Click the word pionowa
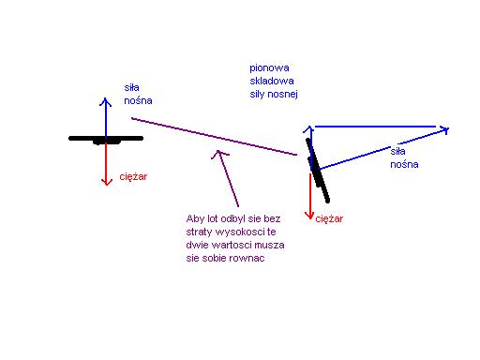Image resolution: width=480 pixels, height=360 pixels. pos(269,68)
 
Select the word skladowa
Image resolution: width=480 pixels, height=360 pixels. pos(272,81)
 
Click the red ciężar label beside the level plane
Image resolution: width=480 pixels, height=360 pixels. pos(133,177)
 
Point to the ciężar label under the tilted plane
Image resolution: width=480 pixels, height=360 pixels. pos(329,218)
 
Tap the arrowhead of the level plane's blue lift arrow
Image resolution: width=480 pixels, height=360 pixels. pos(106,101)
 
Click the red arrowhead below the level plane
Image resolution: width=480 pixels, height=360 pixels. pos(107,182)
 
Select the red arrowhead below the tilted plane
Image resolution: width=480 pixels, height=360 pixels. pos(309,215)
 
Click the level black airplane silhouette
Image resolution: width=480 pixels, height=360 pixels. pos(106,140)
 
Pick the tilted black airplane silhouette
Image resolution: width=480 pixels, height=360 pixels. pos(318,171)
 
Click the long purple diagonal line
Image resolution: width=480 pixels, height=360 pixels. pos(214,137)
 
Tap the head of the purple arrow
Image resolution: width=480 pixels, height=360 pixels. pos(219,153)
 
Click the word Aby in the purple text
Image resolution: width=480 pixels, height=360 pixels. pos(195,218)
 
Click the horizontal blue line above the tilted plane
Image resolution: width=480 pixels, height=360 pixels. pos(375,127)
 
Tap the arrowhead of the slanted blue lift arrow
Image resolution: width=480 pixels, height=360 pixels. pos(445,130)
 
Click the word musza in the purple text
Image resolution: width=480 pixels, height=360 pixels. pos(268,245)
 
